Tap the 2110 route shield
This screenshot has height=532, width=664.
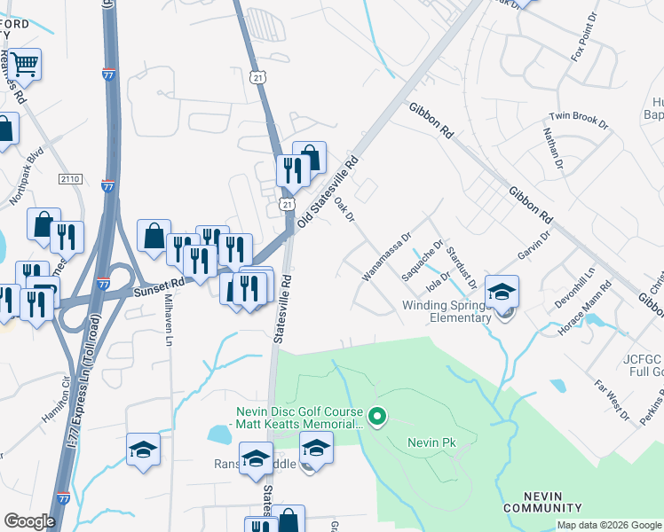click(x=71, y=180)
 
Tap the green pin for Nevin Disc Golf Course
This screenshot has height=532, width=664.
click(x=377, y=415)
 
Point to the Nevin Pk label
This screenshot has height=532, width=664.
click(x=431, y=442)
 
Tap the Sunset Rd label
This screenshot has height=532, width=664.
click(x=159, y=282)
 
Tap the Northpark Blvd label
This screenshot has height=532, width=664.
click(x=26, y=176)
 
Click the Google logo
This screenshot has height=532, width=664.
click(x=29, y=520)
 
